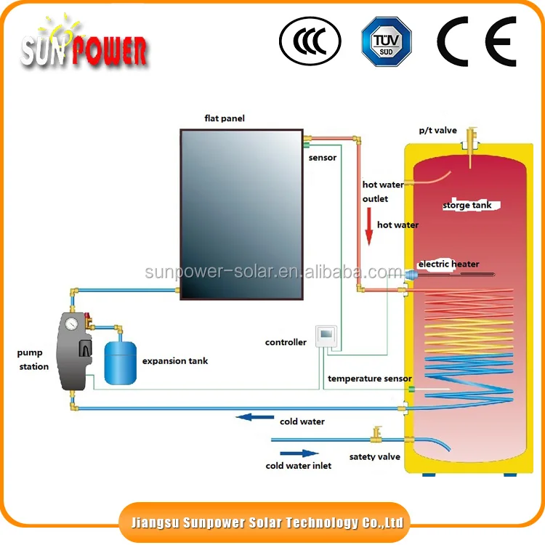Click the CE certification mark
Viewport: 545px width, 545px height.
tap(476, 41)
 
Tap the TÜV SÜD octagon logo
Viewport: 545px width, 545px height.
tap(386, 41)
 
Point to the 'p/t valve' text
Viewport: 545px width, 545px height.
tap(437, 131)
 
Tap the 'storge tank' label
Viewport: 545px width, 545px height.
tap(467, 206)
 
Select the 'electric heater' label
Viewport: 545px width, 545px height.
tap(448, 264)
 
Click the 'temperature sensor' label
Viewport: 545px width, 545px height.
tap(369, 379)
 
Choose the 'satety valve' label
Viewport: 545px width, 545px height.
tap(374, 457)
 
